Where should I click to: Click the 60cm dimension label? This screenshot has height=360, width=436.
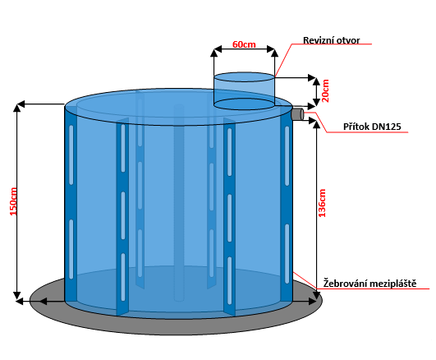244,44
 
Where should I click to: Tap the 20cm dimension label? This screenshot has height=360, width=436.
325,91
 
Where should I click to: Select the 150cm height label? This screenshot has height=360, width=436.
13,201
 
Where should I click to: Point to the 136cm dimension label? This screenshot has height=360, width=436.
322,203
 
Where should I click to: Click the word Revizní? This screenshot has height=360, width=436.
318,40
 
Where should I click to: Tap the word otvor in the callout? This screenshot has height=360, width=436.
348,40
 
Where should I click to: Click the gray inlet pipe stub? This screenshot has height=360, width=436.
297,114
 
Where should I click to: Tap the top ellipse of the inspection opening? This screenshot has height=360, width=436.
244,77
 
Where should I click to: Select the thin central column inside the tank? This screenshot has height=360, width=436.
179,203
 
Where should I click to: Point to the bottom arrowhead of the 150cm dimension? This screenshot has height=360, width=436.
17,295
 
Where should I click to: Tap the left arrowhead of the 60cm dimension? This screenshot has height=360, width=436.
218,49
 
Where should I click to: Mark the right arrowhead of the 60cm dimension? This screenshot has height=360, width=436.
271,49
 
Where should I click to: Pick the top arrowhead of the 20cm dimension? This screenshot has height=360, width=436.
317,81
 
